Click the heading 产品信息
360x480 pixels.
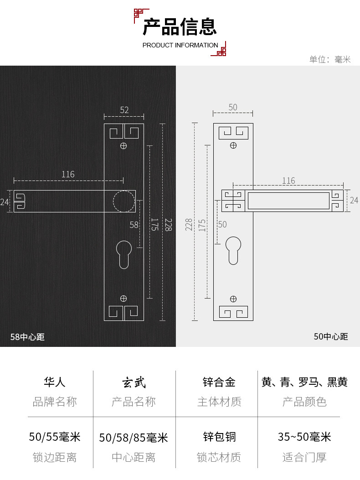(x=180, y=26)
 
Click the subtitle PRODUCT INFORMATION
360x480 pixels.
(x=180, y=45)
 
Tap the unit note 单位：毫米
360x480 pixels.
(x=330, y=59)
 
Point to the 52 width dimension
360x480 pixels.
(x=124, y=110)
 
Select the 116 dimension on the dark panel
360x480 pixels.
(x=68, y=174)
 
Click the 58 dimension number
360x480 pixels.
(x=134, y=225)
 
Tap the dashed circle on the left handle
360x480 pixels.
(x=123, y=201)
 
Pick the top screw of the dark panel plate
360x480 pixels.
(x=123, y=146)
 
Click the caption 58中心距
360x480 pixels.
(x=27, y=337)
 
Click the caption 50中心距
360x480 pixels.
(x=331, y=336)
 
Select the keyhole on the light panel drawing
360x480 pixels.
(x=233, y=250)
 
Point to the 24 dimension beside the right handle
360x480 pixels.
(x=354, y=200)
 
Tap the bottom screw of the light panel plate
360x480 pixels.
(x=233, y=299)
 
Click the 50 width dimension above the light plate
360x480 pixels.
(x=233, y=108)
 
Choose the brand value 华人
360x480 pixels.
(x=55, y=382)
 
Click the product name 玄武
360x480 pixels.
(x=134, y=382)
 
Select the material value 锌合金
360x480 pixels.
(x=219, y=382)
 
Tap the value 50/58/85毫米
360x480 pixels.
(x=134, y=438)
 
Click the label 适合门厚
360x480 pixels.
(x=304, y=457)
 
